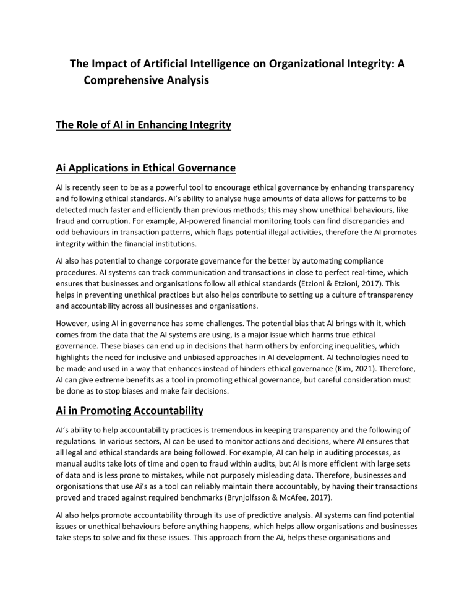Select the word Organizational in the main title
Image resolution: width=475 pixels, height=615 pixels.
[x=268, y=64]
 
